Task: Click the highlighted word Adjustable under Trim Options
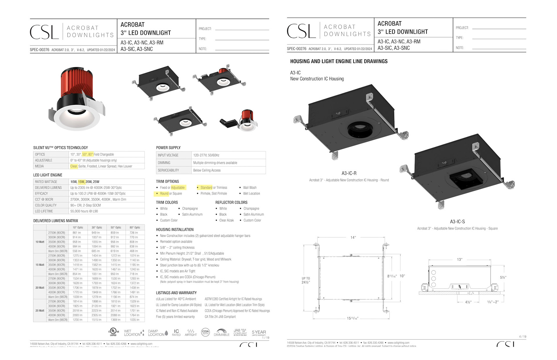[178, 188]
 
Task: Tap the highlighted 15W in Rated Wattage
[81, 182]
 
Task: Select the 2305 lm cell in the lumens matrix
[96, 315]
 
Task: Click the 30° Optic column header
[97, 228]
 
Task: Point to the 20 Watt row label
[40, 288]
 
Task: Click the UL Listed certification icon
[113, 332]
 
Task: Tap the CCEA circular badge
[205, 332]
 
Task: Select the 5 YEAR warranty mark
[258, 332]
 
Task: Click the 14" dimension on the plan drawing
[353, 238]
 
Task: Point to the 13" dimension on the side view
[460, 259]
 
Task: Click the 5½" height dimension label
[503, 277]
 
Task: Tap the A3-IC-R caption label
[349, 173]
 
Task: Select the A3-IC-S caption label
[457, 222]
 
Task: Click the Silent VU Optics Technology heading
[60, 148]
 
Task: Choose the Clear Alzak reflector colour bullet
[226, 220]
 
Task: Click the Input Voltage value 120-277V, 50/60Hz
[206, 155]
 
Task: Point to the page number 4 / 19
[522, 337]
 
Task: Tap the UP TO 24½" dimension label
[306, 280]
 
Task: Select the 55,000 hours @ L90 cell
[84, 211]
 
